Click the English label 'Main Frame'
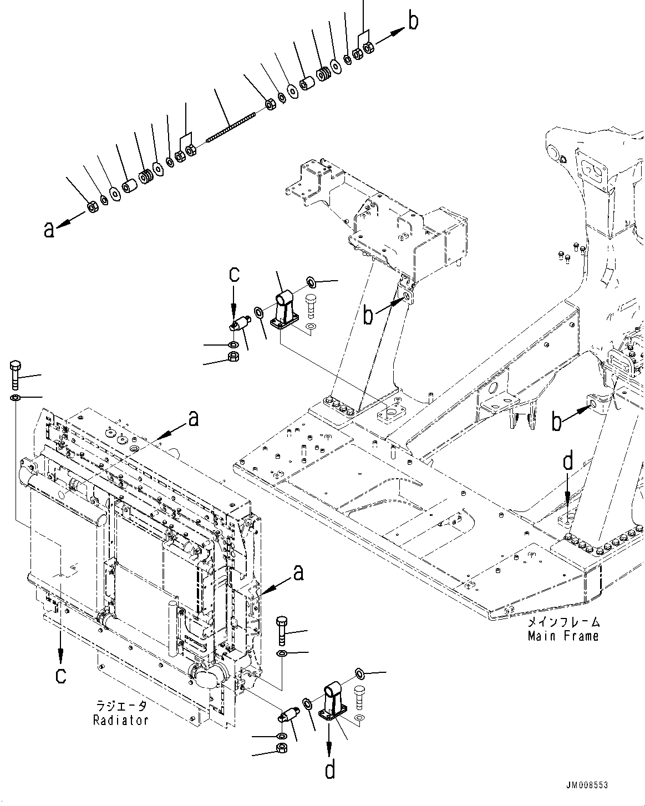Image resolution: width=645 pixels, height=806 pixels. [x=563, y=636]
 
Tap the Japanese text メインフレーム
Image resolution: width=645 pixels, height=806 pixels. [x=563, y=622]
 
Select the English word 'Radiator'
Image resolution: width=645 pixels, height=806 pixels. [x=120, y=720]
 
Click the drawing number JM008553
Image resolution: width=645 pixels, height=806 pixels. [x=587, y=785]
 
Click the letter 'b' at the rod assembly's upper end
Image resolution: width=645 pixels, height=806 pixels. [x=414, y=21]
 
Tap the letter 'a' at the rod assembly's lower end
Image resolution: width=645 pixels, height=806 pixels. [x=49, y=229]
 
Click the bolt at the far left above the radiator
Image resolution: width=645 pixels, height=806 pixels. [x=15, y=375]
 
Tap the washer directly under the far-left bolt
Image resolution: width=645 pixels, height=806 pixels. [x=15, y=398]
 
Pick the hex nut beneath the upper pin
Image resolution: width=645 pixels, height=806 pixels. [x=233, y=357]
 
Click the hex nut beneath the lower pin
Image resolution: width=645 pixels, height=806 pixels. [x=281, y=749]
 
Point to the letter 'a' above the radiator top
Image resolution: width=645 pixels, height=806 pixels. [x=192, y=419]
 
